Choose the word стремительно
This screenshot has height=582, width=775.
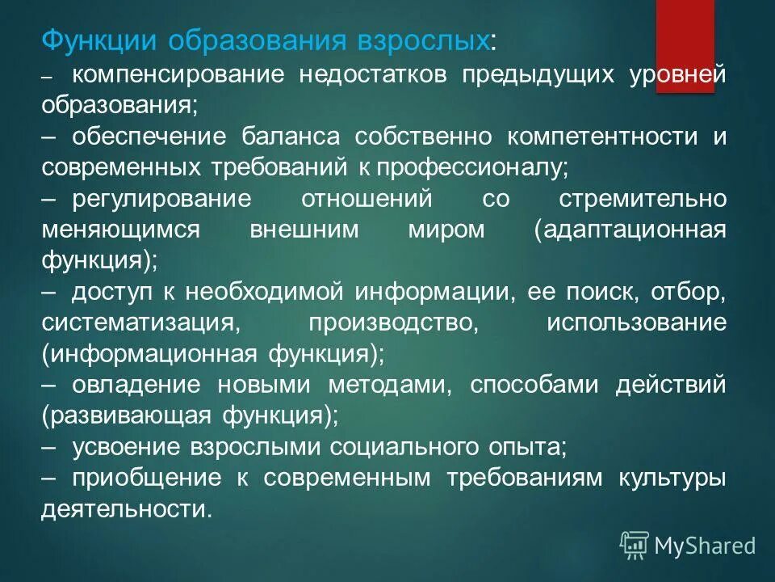(643, 199)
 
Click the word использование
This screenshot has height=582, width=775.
(636, 322)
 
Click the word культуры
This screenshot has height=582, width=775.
(672, 477)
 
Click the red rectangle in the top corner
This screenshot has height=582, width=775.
(685, 45)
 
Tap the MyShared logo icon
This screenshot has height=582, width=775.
(634, 546)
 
